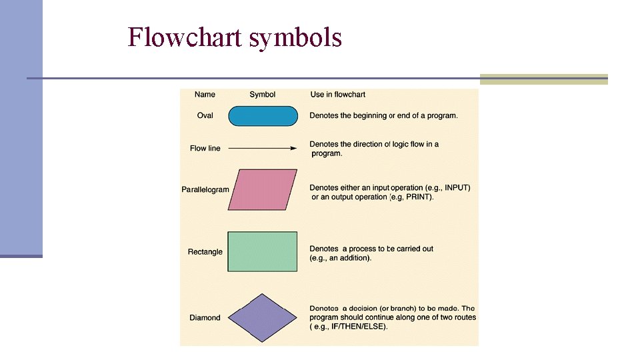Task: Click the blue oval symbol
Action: tap(263, 116)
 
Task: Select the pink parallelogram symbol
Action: tap(263, 189)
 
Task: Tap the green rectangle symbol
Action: tap(263, 251)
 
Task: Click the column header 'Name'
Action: tap(205, 95)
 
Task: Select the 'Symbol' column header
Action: tap(263, 95)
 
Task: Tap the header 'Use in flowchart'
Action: tap(338, 95)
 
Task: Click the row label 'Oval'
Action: tap(205, 116)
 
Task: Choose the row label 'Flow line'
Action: tap(205, 148)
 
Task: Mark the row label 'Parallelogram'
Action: tap(205, 189)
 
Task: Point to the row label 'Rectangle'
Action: tap(205, 252)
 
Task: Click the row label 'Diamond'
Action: tap(205, 318)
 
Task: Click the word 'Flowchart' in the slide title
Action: tap(185, 37)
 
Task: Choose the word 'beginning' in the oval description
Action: tap(369, 116)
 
